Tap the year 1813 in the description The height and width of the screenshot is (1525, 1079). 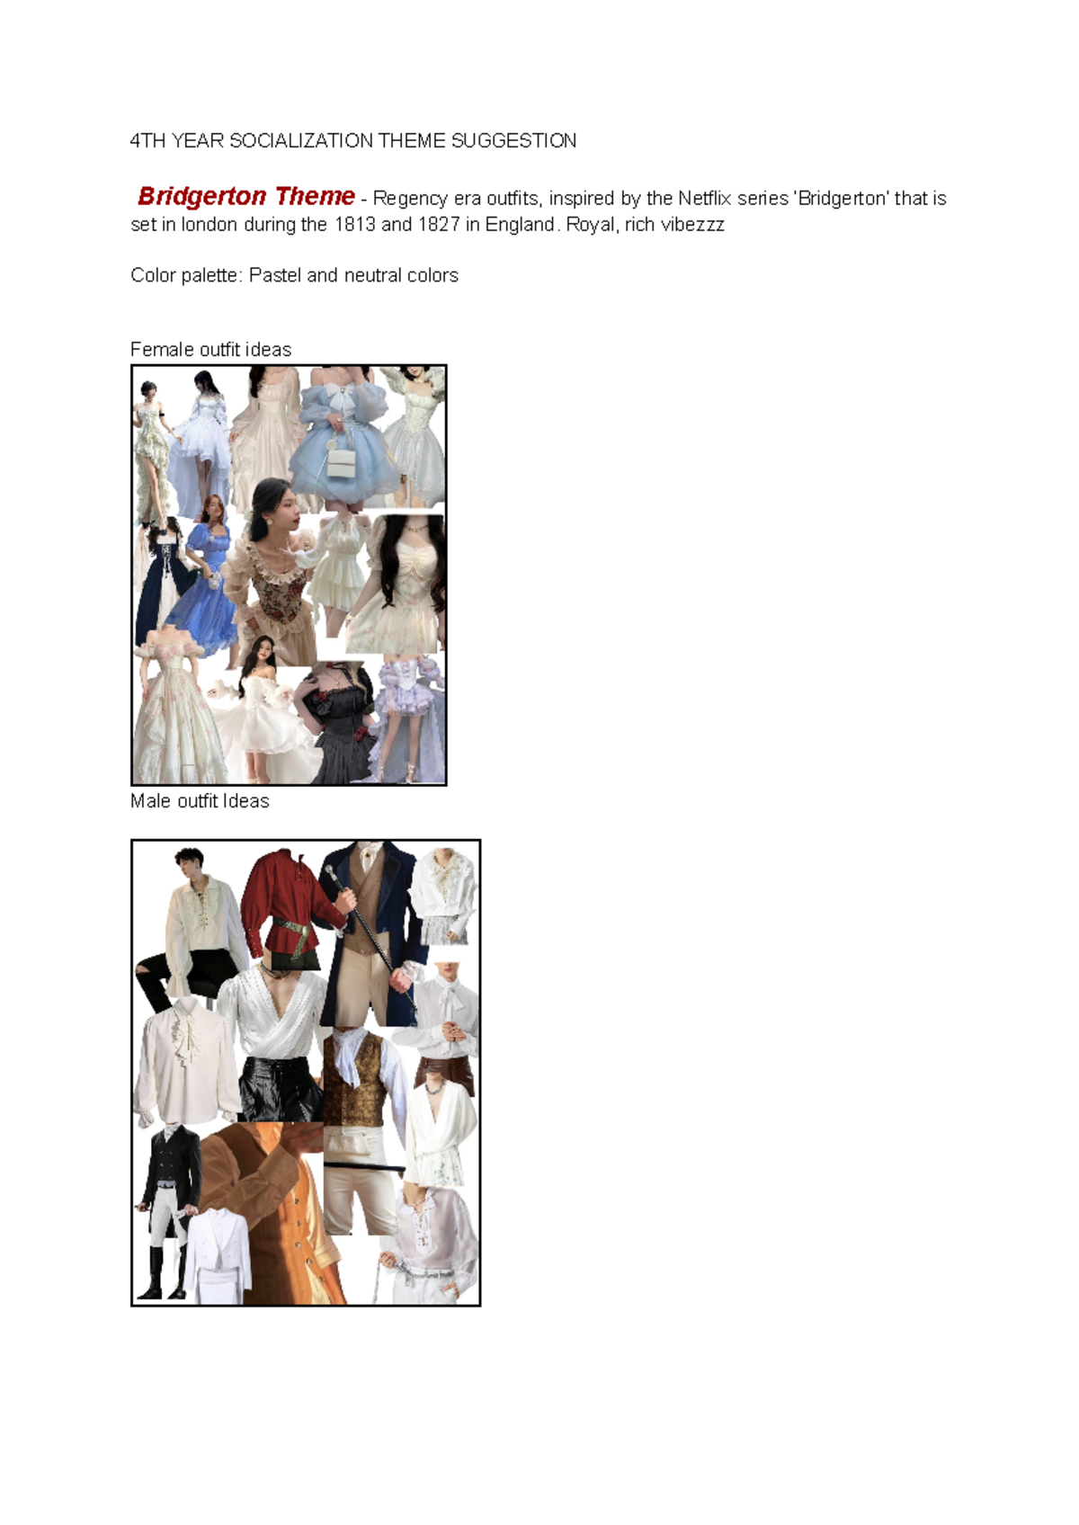[x=354, y=225]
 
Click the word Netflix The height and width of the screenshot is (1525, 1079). [x=705, y=198]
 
